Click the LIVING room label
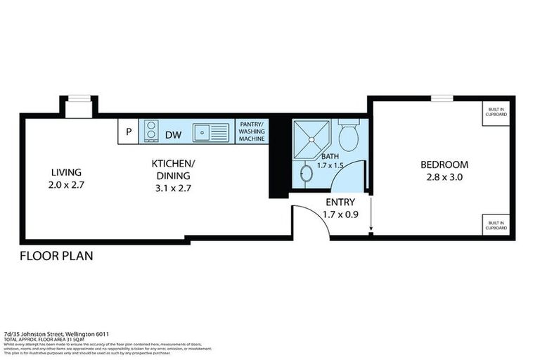coord(66,172)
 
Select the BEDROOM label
coord(444,165)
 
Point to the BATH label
coord(330,157)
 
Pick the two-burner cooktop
coord(150,131)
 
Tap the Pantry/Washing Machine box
coord(252,131)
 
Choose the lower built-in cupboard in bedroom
coord(497,225)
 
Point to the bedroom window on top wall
coord(441,98)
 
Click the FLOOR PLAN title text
coord(56,256)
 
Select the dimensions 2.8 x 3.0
coord(444,177)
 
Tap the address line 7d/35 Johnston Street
coord(56,334)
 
